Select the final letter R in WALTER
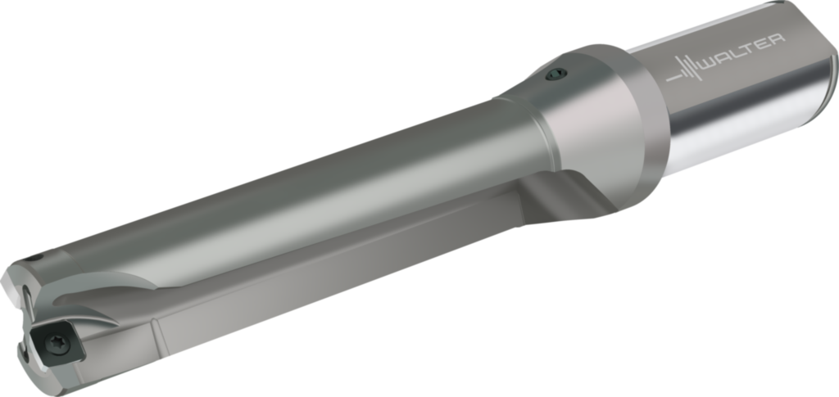(x=778, y=40)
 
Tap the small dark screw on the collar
(x=556, y=74)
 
